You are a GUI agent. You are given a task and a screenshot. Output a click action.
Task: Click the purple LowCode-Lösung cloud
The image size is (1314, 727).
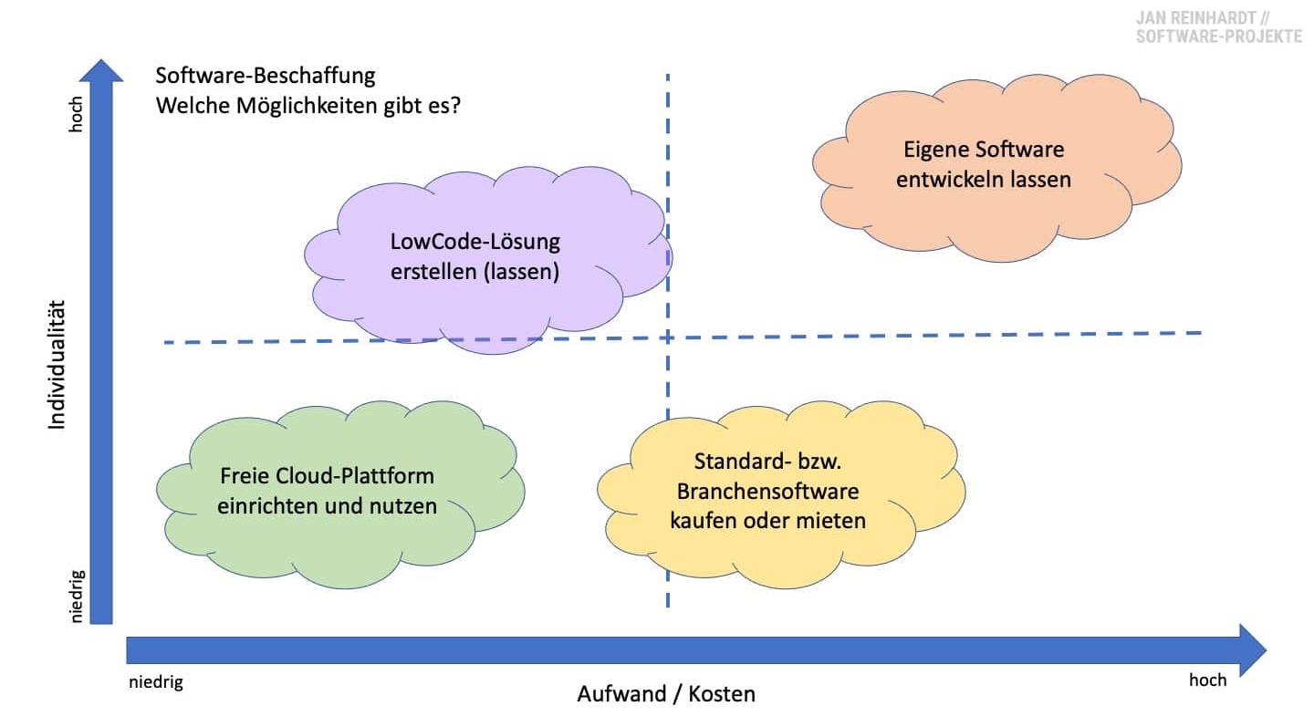[484, 260]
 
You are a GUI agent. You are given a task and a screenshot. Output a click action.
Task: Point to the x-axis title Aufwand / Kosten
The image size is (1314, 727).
[666, 694]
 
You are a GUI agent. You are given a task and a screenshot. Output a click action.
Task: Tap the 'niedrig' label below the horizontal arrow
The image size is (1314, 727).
[155, 681]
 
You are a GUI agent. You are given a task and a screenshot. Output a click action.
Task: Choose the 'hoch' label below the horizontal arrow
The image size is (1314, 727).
[1207, 680]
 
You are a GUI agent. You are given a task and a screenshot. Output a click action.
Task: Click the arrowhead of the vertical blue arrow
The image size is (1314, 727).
[101, 71]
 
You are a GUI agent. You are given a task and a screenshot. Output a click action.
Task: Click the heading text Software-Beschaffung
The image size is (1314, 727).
[266, 75]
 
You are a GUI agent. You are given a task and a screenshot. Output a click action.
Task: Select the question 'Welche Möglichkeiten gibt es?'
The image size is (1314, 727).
[308, 106]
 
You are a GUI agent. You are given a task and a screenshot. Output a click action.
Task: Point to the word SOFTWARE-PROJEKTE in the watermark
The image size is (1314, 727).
[1218, 36]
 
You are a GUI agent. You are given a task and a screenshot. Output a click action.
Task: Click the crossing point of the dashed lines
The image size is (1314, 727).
[668, 338]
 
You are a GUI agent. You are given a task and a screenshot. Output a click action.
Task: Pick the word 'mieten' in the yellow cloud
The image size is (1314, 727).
[832, 521]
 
